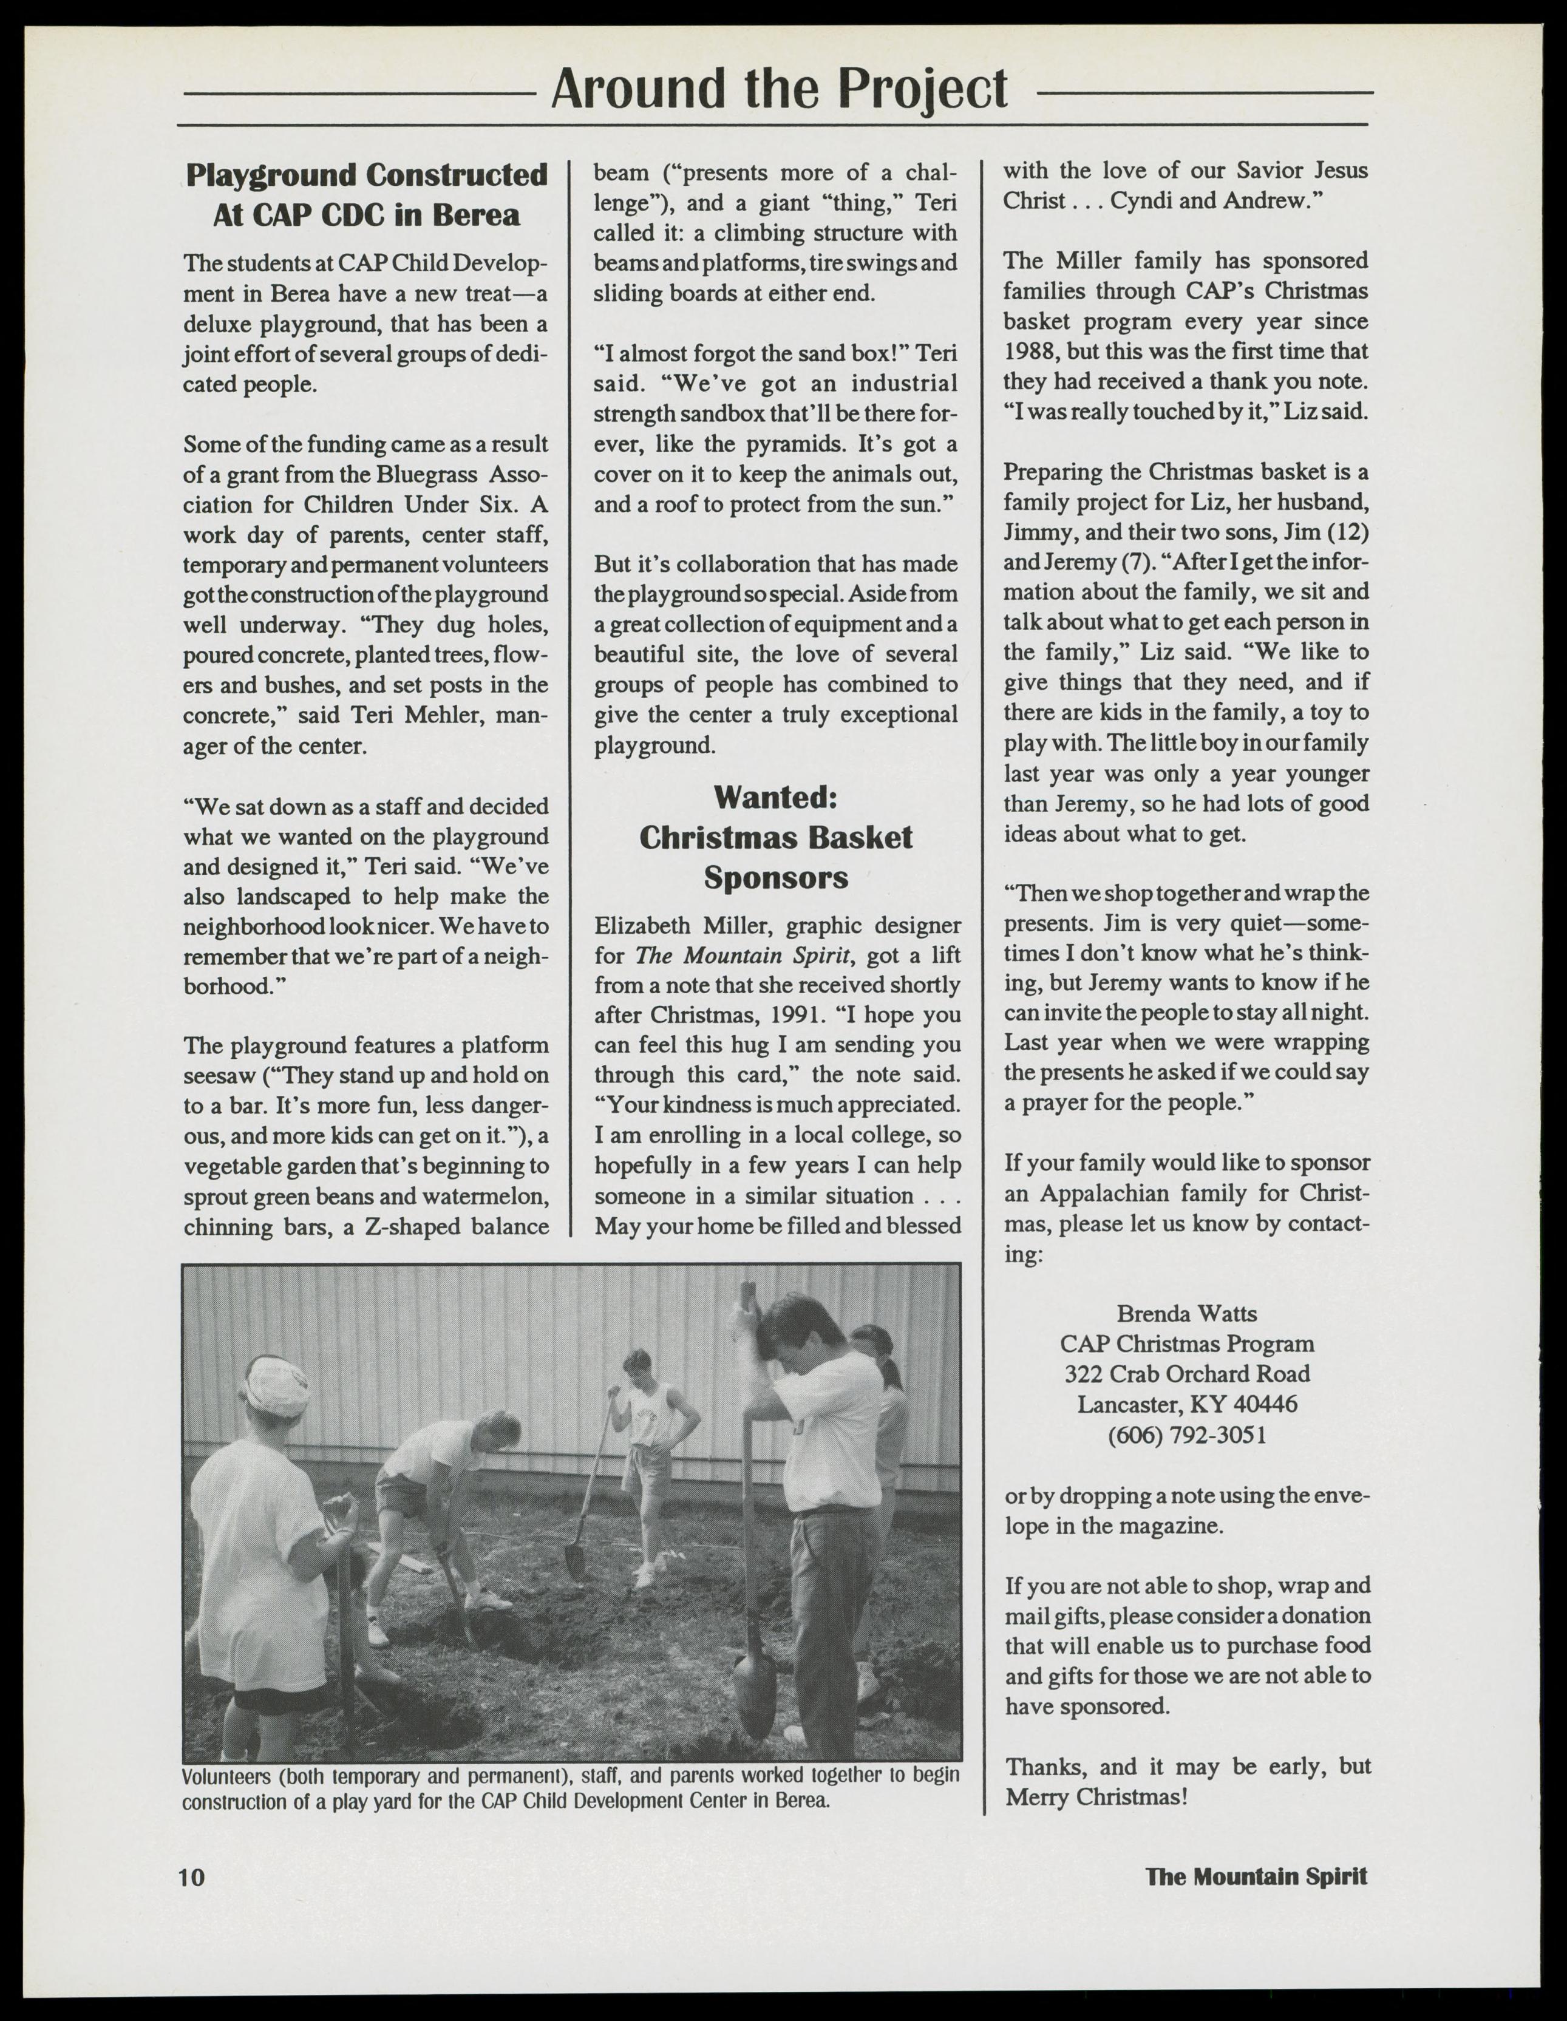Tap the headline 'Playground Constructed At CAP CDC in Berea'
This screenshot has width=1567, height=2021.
[367, 194]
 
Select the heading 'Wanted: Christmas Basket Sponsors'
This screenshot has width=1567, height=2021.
[776, 837]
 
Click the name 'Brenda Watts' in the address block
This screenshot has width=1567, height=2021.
[1186, 1314]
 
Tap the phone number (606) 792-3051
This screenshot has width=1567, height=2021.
[1186, 1435]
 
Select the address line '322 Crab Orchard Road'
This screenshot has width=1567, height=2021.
[1186, 1374]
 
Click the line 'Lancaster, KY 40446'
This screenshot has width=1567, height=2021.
[1186, 1405]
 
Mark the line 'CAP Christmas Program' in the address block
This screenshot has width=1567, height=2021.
[1186, 1343]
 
